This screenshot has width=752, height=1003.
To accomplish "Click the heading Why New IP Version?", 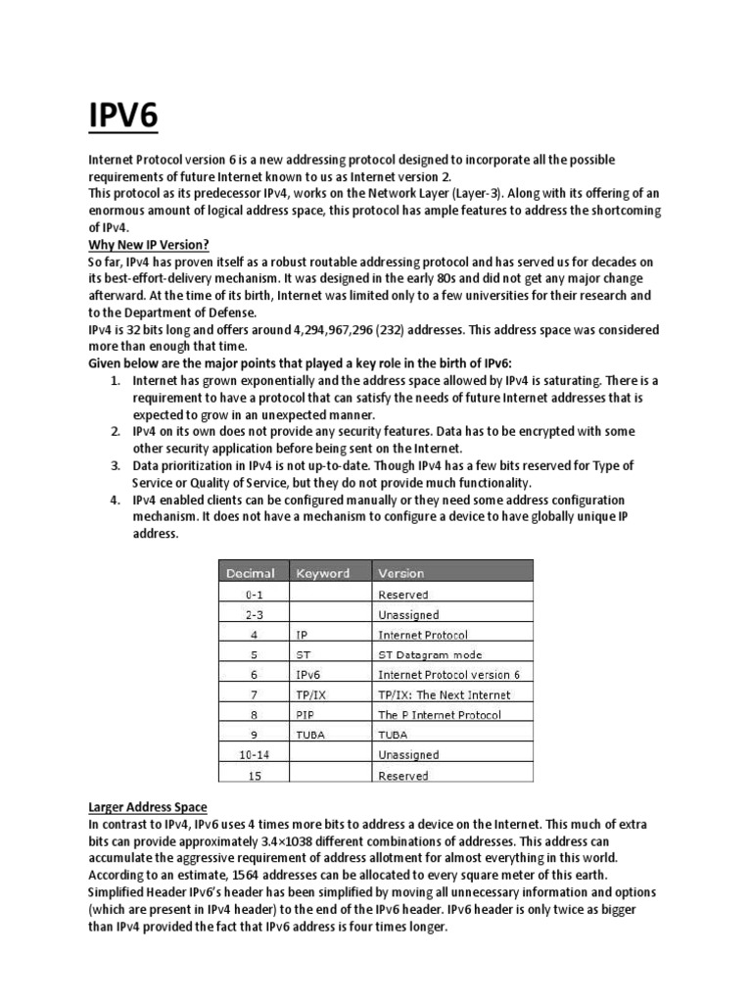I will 149,243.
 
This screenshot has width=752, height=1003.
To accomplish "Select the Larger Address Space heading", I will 147,806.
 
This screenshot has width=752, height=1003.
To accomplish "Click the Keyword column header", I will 322,573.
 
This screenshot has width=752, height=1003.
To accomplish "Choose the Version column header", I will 400,573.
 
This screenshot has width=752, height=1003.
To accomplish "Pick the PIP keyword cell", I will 305,715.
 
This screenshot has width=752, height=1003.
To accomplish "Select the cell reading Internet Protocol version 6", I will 448,675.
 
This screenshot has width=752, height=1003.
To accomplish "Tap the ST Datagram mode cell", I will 430,654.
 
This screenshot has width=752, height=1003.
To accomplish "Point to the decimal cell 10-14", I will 252,755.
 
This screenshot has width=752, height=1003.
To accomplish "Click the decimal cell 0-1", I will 252,595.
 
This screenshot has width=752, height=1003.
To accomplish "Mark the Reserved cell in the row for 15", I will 402,776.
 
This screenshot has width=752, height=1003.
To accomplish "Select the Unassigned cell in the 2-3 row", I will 408,615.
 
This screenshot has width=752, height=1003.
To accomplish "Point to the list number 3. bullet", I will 115,465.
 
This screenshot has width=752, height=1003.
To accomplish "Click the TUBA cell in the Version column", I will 394,735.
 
